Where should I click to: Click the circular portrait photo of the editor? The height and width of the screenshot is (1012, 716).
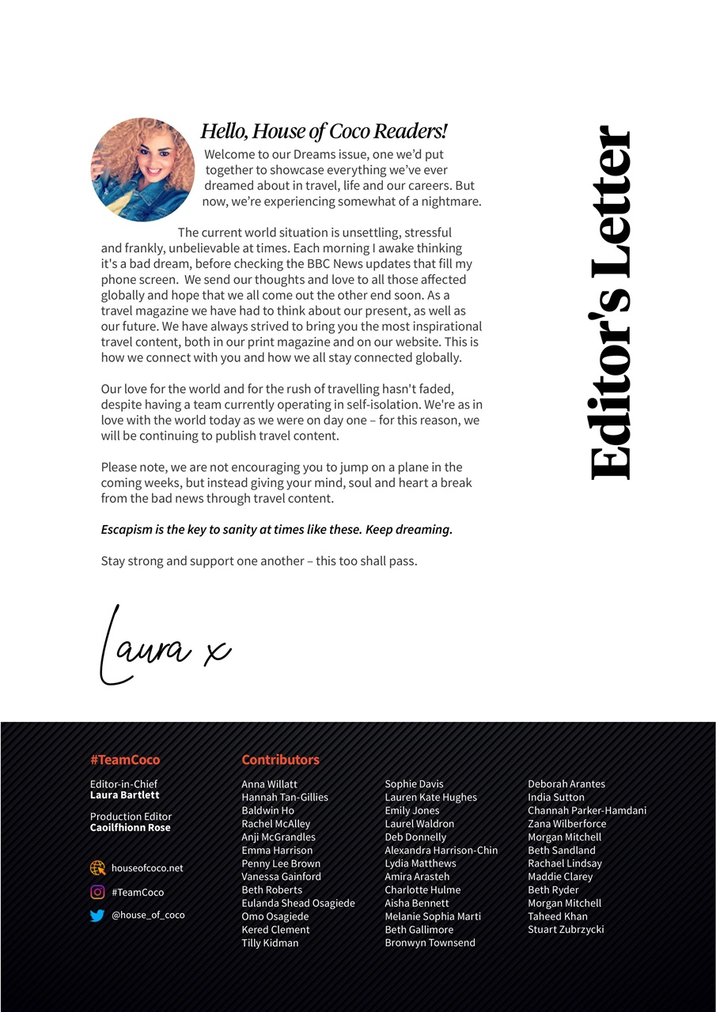pos(143,169)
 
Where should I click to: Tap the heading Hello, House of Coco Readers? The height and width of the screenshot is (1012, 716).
pos(324,131)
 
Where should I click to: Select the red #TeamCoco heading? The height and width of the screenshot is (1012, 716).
pos(125,760)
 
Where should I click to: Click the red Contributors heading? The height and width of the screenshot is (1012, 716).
pos(280,760)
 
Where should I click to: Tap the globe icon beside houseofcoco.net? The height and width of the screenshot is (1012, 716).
pos(97,868)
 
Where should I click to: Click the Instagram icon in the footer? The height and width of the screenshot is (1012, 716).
pos(97,892)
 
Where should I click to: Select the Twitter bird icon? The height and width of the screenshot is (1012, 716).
pos(97,916)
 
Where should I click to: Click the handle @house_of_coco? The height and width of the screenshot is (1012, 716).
pos(148,915)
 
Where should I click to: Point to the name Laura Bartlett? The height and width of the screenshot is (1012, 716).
pos(124,795)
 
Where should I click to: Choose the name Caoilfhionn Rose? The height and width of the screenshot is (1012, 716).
pos(130,828)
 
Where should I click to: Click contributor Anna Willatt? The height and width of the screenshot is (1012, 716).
pos(269,784)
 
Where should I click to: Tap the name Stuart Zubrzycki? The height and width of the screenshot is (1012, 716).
pos(566,930)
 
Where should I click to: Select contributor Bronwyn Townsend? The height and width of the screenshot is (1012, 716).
pos(430,943)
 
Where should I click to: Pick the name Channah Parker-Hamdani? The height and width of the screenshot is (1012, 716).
pos(587,810)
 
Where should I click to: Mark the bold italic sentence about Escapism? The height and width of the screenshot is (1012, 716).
pos(277,530)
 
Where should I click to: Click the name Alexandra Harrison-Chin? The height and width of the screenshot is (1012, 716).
pos(441,850)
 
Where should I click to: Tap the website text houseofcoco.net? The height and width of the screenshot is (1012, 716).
pos(147,868)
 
